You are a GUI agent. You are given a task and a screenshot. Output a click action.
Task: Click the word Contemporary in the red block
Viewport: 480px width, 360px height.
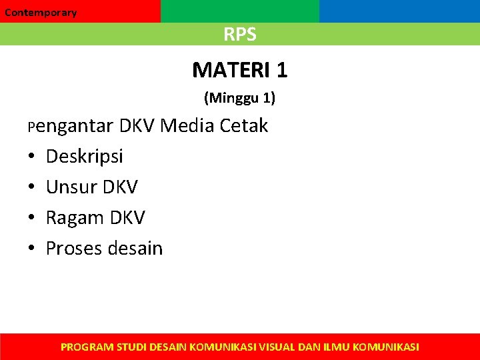click(41, 13)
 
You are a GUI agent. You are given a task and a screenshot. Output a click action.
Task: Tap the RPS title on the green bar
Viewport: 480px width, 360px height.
click(240, 35)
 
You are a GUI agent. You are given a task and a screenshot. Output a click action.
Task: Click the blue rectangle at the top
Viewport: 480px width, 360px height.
click(399, 11)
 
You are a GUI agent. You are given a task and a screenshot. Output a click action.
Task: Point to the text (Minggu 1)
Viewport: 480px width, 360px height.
click(239, 99)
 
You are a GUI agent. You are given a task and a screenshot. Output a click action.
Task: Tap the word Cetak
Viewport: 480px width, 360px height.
click(244, 125)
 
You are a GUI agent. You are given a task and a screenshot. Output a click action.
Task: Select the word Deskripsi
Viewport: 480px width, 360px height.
click(85, 157)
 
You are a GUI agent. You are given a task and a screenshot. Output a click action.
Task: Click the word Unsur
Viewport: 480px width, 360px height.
click(71, 187)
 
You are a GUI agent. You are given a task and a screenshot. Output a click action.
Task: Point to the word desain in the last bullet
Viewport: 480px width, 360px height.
click(136, 249)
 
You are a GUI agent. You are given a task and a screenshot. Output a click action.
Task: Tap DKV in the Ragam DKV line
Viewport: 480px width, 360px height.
click(127, 218)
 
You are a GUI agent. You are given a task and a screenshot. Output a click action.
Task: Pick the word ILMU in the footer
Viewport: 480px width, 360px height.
click(338, 347)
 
